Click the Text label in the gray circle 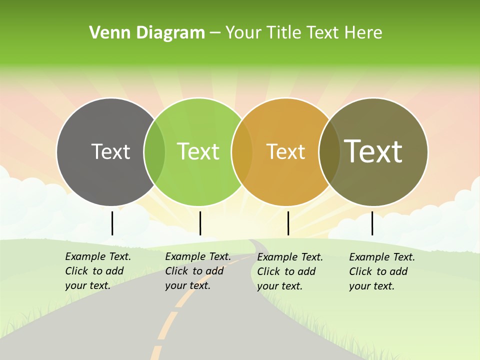pyautogui.click(x=110, y=151)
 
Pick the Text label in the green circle pyautogui.click(x=198, y=151)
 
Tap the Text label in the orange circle pyautogui.click(x=285, y=151)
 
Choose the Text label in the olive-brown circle pyautogui.click(x=373, y=151)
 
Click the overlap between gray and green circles pyautogui.click(x=154, y=151)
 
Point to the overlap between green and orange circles pyautogui.click(x=242, y=151)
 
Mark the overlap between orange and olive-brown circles pyautogui.click(x=329, y=151)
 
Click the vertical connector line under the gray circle pyautogui.click(x=112, y=223)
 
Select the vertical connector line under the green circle pyautogui.click(x=200, y=223)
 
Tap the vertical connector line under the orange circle pyautogui.click(x=288, y=223)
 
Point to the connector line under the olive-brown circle pyautogui.click(x=372, y=223)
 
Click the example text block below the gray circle pyautogui.click(x=98, y=271)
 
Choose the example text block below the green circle pyautogui.click(x=198, y=271)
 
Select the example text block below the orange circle pyautogui.click(x=290, y=271)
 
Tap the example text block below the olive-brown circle pyautogui.click(x=382, y=271)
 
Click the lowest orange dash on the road pyautogui.click(x=156, y=352)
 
